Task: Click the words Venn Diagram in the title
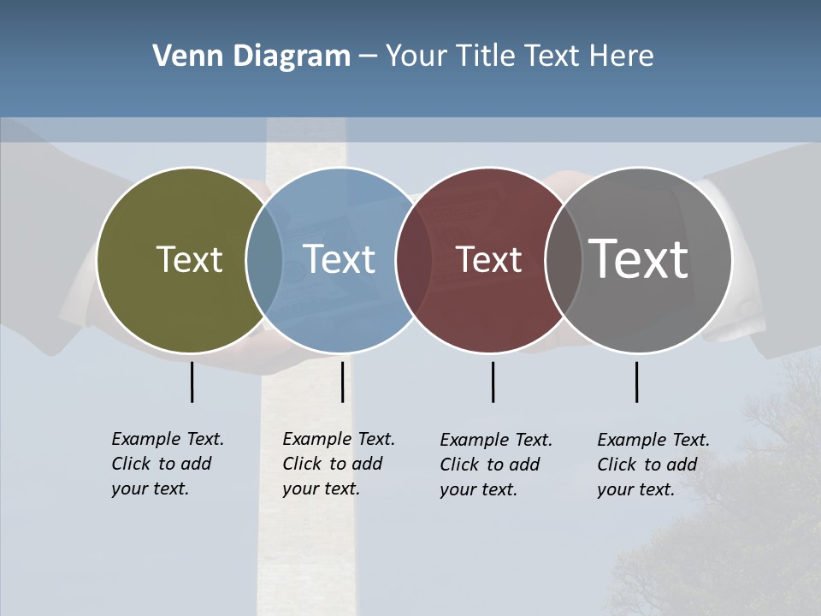pos(251,56)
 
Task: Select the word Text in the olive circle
pos(189,259)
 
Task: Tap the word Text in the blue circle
pos(339,259)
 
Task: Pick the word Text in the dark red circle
pos(488,260)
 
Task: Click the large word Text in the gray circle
pos(638,258)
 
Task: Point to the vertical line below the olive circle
pos(192,382)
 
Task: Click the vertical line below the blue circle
pos(342,382)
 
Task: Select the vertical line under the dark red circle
pos(493,382)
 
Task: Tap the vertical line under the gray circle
pos(636,382)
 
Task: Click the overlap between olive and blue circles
pos(264,260)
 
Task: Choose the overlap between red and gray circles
pos(564,260)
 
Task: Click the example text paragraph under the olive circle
pos(167,464)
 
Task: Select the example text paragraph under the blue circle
pos(338,464)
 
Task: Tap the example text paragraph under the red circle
pos(495,465)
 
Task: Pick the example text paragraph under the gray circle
pos(653,465)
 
